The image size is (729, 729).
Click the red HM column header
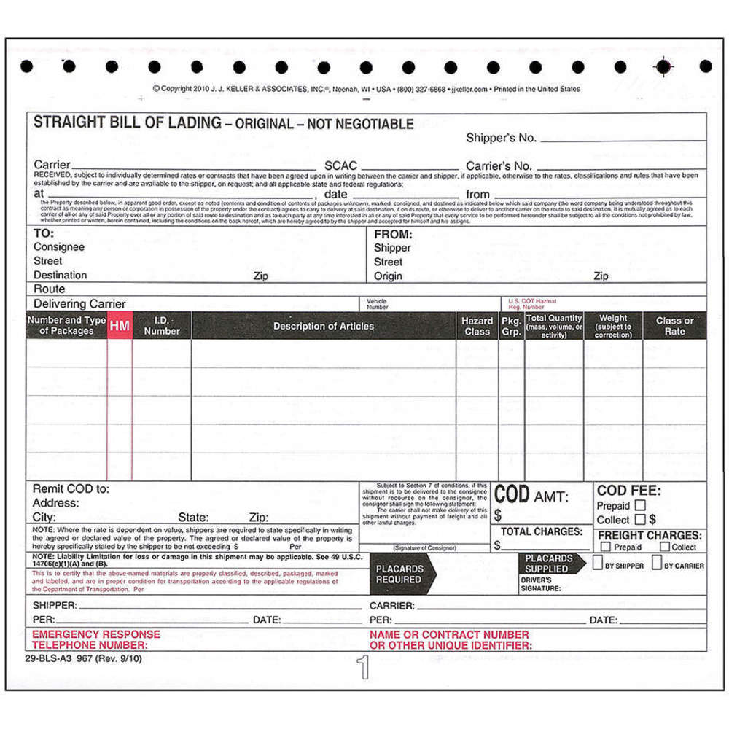[120, 326]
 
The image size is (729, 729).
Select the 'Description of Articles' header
[324, 326]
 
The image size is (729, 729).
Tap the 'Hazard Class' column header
[477, 326]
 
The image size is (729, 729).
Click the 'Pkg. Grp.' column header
[512, 326]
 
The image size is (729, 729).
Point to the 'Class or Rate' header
[674, 326]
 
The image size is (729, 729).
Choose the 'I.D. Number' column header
[162, 326]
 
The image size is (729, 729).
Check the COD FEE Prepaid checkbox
[640, 504]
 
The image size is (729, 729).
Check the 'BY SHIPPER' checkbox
[597, 563]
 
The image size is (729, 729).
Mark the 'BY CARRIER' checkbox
[656, 563]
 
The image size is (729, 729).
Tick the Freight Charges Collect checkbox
[664, 547]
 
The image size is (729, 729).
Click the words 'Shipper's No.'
[501, 138]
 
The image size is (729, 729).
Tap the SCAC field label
[340, 165]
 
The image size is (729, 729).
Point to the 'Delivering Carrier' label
[79, 303]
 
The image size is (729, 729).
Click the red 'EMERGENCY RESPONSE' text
[86, 634]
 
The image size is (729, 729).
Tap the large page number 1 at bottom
[363, 667]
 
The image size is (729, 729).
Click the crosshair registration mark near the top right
[663, 66]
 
